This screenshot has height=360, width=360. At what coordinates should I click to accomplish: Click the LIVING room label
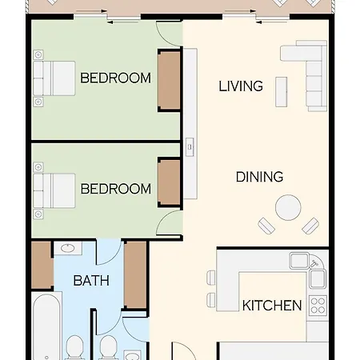(241, 86)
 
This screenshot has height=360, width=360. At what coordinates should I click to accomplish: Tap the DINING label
(259, 177)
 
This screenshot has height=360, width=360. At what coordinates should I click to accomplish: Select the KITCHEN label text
(272, 306)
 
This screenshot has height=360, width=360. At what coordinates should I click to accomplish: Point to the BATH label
(91, 281)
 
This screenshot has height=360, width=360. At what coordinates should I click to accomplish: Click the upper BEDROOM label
(115, 78)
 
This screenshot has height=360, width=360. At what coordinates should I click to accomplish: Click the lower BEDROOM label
(116, 189)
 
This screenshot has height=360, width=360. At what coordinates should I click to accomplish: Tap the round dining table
(288, 208)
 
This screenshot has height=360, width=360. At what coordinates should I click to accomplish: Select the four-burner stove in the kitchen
(318, 305)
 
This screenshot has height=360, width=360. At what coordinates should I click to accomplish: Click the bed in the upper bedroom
(54, 78)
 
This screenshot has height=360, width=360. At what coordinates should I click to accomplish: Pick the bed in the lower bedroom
(54, 190)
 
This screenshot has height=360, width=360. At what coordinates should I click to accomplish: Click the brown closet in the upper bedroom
(169, 80)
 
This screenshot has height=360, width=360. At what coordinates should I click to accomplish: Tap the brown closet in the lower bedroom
(169, 183)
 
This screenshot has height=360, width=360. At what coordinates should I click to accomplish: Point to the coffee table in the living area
(281, 92)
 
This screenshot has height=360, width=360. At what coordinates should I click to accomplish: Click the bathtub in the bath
(46, 326)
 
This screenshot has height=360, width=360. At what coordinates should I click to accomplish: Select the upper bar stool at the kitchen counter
(211, 278)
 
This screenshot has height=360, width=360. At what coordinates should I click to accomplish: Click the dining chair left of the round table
(266, 226)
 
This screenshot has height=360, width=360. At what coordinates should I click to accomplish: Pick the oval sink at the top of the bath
(68, 249)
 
